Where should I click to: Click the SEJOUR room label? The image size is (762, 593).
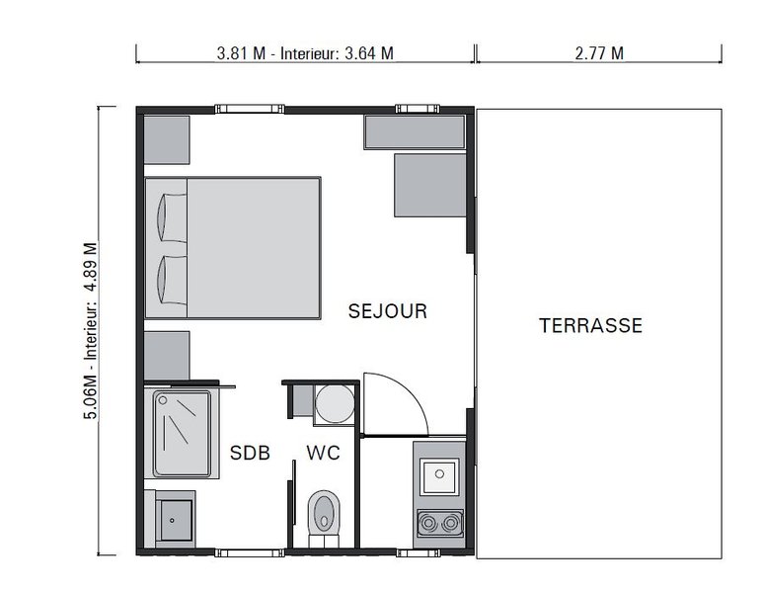tap(388, 312)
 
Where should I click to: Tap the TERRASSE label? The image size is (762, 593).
tap(590, 325)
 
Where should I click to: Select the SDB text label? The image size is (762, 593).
tap(250, 454)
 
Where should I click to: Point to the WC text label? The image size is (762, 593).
tap(324, 454)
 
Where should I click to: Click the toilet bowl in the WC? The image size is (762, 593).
tap(324, 514)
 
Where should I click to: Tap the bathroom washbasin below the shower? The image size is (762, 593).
tap(174, 516)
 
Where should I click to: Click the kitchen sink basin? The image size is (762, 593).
tap(435, 476)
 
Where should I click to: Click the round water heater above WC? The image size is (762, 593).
tap(333, 403)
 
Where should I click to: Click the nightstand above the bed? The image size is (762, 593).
tap(167, 139)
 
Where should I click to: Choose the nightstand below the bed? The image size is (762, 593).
tap(167, 355)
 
